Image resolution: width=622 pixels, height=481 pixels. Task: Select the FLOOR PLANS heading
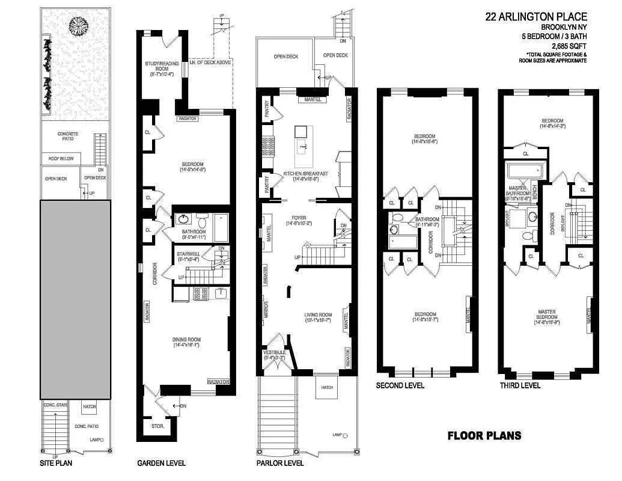pos(484,436)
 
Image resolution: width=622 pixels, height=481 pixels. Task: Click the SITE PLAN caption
pos(56,464)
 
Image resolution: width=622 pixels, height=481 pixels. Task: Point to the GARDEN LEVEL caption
pos(161,464)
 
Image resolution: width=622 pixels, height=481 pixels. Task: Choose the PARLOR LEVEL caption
pos(279,464)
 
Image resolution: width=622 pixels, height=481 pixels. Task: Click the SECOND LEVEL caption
pos(400,385)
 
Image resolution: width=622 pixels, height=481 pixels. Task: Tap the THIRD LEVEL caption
pos(520,385)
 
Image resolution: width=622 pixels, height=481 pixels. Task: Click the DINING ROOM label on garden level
pos(186,342)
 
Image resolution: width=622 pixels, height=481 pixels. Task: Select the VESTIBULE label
pos(274,355)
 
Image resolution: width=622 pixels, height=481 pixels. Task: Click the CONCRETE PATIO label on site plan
pos(69,136)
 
